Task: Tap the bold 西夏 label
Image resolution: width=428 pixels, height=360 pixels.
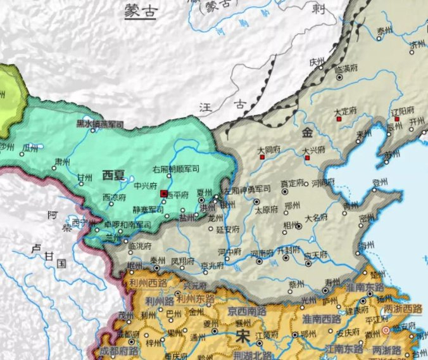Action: pyautogui.click(x=114, y=176)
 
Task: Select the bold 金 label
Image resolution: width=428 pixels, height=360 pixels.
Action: pyautogui.click(x=307, y=132)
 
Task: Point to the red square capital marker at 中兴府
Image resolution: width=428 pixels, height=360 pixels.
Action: pyautogui.click(x=165, y=193)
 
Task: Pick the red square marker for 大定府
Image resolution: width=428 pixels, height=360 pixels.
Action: pyautogui.click(x=339, y=119)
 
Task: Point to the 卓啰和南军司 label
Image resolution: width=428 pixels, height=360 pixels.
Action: pyautogui.click(x=111, y=224)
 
